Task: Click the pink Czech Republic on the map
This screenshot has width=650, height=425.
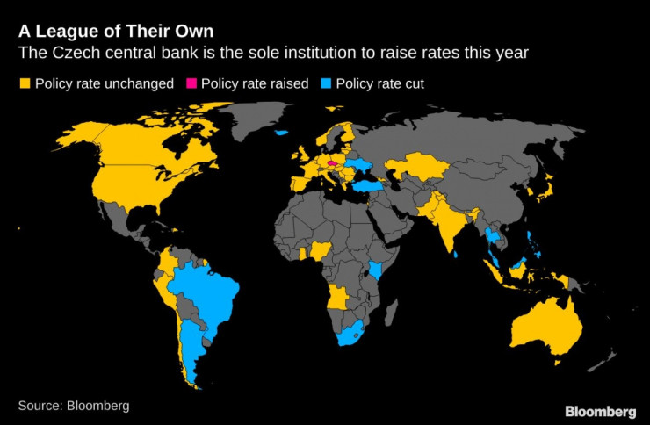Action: [332, 163]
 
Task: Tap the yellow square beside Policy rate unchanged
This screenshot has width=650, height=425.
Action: [25, 83]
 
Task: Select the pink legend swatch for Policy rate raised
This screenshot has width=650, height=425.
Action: [191, 83]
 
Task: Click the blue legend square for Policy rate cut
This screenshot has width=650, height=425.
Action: [326, 83]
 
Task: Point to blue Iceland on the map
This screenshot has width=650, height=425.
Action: [281, 133]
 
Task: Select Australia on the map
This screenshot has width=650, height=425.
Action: [546, 328]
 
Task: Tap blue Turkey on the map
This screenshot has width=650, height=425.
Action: [367, 185]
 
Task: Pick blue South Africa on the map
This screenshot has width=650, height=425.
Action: [350, 334]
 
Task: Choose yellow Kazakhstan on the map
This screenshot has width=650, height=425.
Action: [419, 166]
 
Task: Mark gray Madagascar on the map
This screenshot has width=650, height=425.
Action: [391, 312]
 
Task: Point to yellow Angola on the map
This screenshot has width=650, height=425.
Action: [338, 297]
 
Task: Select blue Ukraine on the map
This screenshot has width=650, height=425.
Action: [360, 166]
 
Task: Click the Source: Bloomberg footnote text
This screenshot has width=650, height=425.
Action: [74, 406]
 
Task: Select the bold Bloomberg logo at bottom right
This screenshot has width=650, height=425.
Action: [600, 412]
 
